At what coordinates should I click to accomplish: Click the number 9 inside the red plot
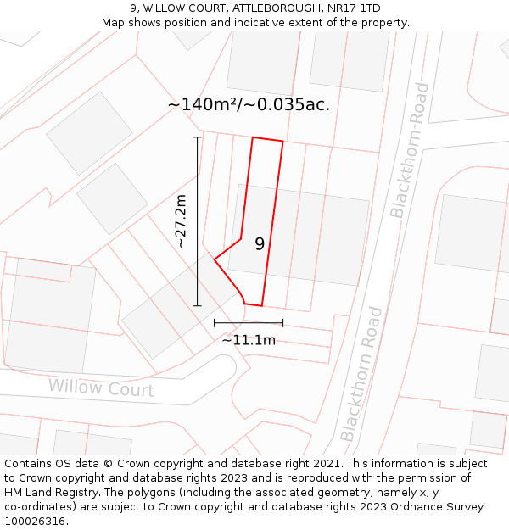click(x=260, y=244)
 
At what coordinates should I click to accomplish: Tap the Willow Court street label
click(x=101, y=388)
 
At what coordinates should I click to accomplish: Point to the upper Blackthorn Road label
click(x=409, y=150)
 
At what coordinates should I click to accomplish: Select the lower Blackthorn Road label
click(x=361, y=374)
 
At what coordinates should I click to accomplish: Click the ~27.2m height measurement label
click(x=180, y=220)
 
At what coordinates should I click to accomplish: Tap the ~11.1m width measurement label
click(x=249, y=340)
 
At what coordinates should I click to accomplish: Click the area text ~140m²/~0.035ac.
click(x=249, y=104)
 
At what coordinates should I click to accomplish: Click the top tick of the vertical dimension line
click(x=198, y=137)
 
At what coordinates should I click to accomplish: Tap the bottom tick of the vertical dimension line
click(x=198, y=305)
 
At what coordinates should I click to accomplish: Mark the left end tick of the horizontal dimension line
click(x=215, y=322)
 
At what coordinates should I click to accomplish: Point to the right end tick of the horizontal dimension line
click(x=282, y=322)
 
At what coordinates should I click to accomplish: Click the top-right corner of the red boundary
click(x=282, y=142)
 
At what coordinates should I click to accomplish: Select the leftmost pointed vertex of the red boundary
click(x=214, y=259)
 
